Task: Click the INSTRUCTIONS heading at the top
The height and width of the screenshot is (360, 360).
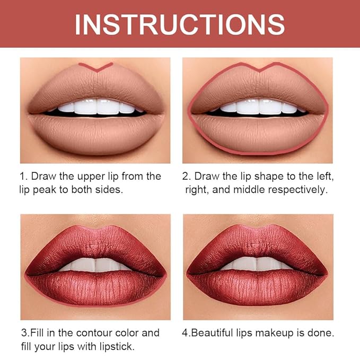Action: coord(180,24)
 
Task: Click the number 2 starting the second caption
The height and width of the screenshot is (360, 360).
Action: coord(186,175)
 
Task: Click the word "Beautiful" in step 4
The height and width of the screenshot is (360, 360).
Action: coord(217,333)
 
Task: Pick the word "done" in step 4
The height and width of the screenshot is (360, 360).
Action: coord(321,333)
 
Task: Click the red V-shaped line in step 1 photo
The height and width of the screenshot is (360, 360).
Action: coord(96,67)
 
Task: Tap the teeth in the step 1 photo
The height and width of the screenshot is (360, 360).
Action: coord(96,108)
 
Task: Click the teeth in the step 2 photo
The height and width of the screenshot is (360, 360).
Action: coord(258,108)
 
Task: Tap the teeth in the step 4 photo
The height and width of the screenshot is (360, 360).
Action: coord(258,264)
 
